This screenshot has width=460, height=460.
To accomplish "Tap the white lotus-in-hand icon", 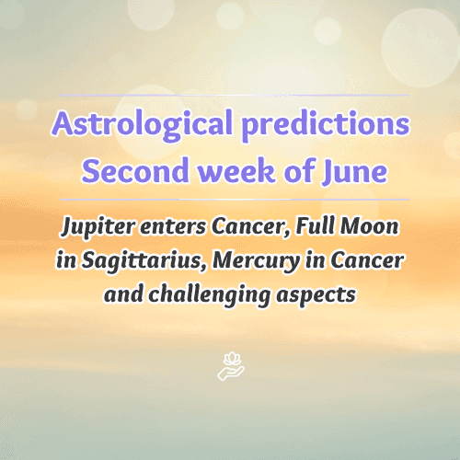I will tap(229, 366).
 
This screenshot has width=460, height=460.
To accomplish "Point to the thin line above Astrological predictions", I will tap(229, 95).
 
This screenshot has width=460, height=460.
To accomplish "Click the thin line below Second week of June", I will tap(229, 199).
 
